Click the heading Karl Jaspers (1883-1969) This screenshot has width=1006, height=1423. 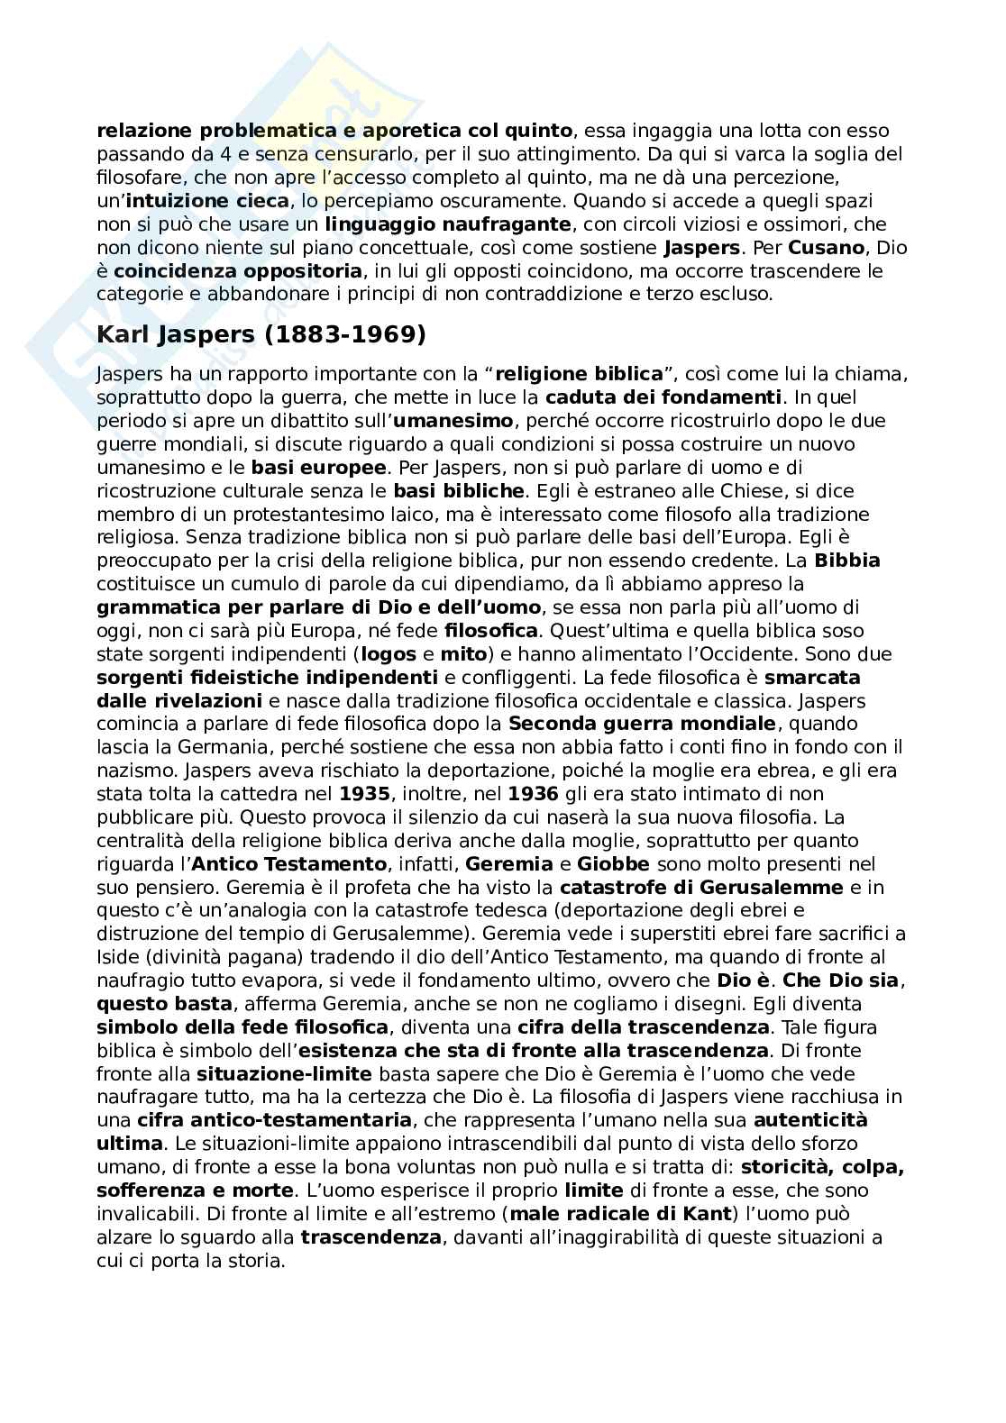click(x=261, y=335)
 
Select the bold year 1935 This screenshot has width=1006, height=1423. click(x=365, y=794)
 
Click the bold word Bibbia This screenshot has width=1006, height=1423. click(x=847, y=561)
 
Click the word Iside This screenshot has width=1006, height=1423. click(x=117, y=958)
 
